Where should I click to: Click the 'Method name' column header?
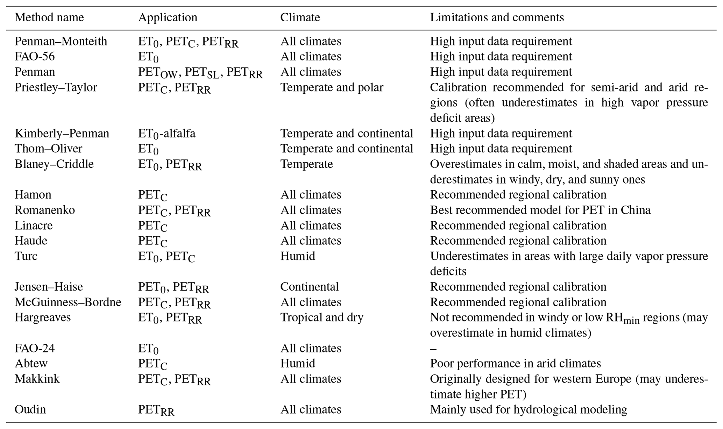(x=49, y=17)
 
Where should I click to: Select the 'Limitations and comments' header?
(x=497, y=17)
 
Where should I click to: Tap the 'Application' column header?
(x=168, y=17)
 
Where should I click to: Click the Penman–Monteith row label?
(x=61, y=41)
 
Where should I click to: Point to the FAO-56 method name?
(x=35, y=57)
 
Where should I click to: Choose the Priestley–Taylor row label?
(x=56, y=87)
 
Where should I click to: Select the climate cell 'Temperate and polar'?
(x=332, y=87)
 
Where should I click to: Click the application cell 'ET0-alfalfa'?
(x=166, y=134)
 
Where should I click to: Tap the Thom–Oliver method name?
(x=48, y=149)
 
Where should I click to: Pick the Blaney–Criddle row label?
(x=54, y=164)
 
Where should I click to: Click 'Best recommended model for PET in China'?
(x=540, y=210)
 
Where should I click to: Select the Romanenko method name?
(x=45, y=210)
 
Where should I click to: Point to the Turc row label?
(x=26, y=256)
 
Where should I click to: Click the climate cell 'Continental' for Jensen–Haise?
(x=309, y=287)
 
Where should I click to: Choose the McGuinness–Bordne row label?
(x=68, y=302)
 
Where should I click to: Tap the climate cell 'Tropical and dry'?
(x=322, y=317)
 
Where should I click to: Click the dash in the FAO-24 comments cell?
(x=433, y=348)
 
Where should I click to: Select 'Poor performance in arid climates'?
(x=515, y=363)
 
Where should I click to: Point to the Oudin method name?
(x=30, y=409)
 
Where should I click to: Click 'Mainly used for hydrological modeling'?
(x=528, y=409)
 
